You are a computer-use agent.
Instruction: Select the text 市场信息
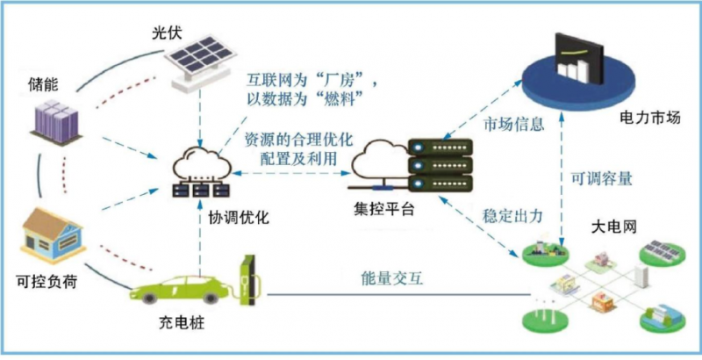[513, 127]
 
